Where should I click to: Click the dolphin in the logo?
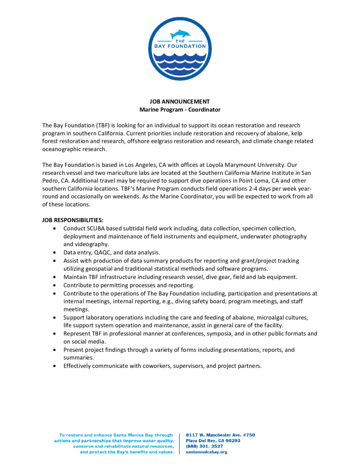point(180,34)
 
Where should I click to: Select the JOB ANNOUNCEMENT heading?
point(180,101)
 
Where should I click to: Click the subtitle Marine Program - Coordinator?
point(180,110)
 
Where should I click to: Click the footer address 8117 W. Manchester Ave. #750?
point(220,435)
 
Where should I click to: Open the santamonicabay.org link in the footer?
point(207,452)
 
